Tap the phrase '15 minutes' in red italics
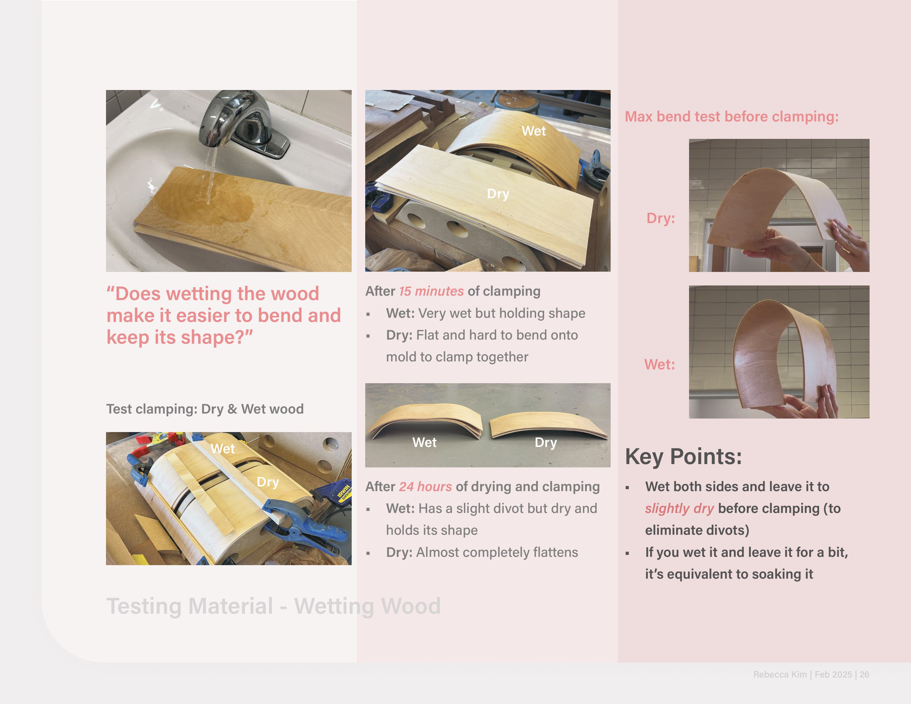431,291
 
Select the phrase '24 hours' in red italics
425,487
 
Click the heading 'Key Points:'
683,457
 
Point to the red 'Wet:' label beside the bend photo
660,364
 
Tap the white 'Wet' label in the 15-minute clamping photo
534,131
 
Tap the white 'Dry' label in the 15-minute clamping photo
498,194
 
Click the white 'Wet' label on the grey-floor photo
424,443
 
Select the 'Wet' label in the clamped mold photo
223,449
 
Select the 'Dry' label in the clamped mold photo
268,482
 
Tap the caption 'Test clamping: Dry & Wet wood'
205,409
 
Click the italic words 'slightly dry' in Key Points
679,508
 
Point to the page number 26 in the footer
864,674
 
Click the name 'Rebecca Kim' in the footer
780,674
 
